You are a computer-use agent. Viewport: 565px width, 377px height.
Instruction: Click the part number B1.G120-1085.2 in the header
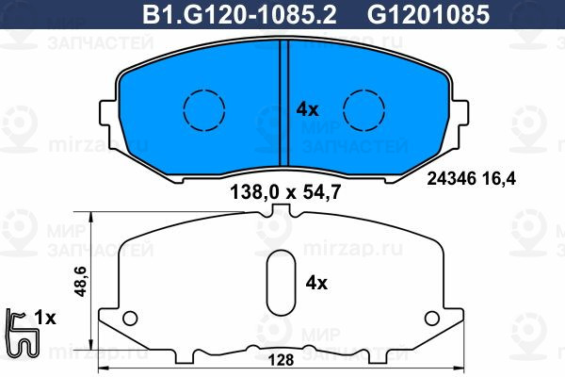[x=239, y=15]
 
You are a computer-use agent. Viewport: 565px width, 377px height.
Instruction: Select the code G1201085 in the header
[x=428, y=15]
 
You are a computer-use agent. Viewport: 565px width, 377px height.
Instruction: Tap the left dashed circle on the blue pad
[x=204, y=109]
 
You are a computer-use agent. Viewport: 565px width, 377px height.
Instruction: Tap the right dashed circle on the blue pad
[x=363, y=109]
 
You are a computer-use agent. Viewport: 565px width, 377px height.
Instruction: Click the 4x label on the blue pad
[x=307, y=109]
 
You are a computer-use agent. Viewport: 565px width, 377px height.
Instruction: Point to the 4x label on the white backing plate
[x=316, y=283]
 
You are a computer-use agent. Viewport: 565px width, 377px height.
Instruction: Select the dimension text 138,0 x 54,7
[x=285, y=192]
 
